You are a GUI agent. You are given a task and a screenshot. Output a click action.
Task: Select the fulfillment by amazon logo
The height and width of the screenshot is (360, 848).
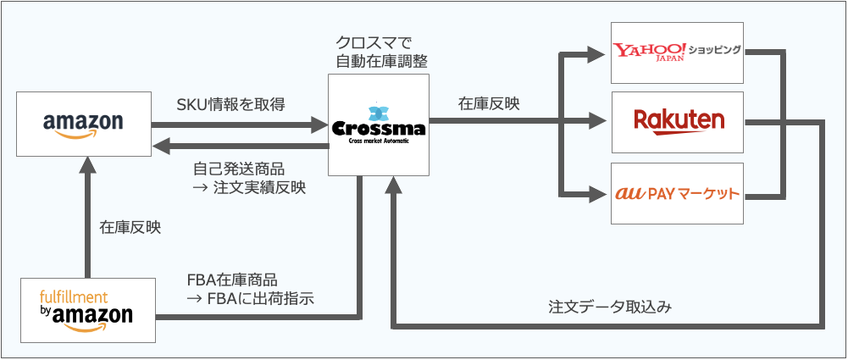pos(86,309)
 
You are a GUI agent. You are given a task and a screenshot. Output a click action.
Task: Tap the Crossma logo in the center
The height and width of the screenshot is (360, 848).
pos(379,129)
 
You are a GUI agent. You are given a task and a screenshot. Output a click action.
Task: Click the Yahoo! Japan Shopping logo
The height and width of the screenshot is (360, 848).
pos(677,52)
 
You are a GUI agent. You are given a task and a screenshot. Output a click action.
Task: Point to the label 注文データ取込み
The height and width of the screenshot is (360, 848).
pos(610,307)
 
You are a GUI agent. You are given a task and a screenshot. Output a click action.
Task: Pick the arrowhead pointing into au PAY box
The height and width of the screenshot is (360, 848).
pos(600,193)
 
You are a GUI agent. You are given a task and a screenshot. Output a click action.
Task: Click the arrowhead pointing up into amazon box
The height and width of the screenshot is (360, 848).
pos(86,166)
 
